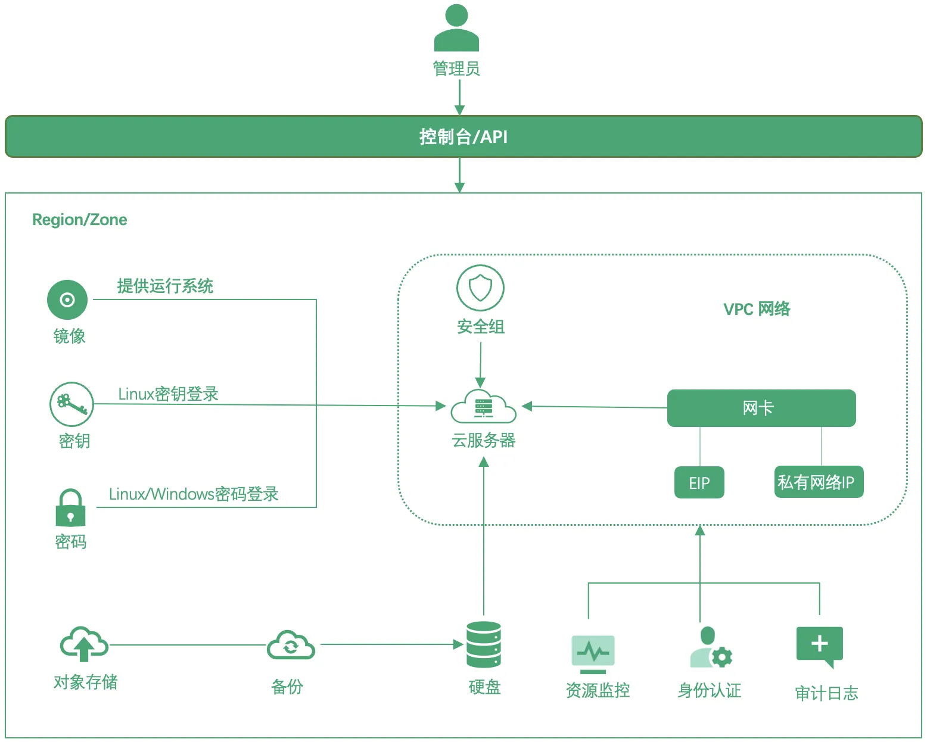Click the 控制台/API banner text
click(463, 137)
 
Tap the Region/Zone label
click(79, 220)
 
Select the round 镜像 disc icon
click(67, 300)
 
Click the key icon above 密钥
click(71, 404)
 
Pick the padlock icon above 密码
click(70, 508)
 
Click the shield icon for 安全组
click(480, 288)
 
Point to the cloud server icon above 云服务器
click(483, 407)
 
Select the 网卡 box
click(761, 409)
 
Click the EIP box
click(699, 482)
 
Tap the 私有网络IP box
click(818, 482)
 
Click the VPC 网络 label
click(757, 309)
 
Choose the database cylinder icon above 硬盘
click(484, 645)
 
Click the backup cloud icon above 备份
click(291, 646)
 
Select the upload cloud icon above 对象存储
click(84, 644)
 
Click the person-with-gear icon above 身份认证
click(710, 648)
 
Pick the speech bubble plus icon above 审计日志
click(820, 646)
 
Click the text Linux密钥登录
click(168, 394)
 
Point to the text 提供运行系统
click(165, 286)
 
